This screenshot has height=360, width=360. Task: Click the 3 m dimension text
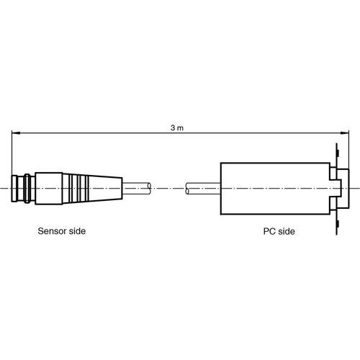click(177, 127)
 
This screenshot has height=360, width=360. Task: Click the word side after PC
click(285, 232)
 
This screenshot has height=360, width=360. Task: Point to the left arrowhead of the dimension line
click(15, 132)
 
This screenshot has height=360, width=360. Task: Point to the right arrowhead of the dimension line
click(345, 132)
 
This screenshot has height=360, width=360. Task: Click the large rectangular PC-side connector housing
click(274, 189)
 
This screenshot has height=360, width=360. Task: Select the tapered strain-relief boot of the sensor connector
click(94, 189)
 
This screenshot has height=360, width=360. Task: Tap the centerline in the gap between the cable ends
click(168, 189)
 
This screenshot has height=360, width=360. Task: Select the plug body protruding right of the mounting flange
click(344, 189)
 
